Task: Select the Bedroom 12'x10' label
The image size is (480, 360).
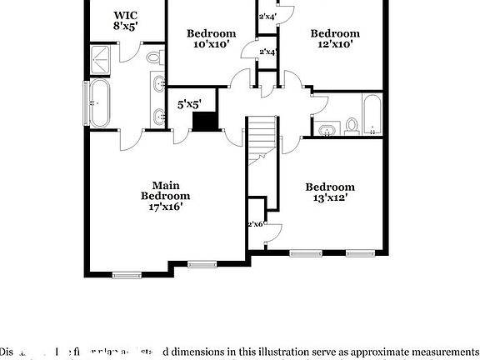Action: (334, 39)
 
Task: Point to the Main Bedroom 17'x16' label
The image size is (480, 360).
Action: (167, 196)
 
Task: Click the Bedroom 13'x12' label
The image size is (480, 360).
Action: (329, 192)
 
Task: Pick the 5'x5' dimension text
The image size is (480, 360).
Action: (190, 104)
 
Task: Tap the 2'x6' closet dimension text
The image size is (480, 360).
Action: (255, 224)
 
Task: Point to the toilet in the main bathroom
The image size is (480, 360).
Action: (154, 58)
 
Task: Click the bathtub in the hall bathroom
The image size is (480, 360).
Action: (372, 114)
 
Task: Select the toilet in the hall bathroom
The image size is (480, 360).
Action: (352, 127)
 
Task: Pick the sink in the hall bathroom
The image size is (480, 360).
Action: (326, 129)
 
